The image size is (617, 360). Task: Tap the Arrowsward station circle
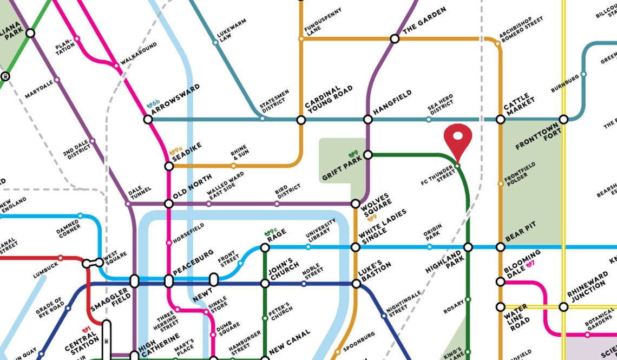pos(148,119)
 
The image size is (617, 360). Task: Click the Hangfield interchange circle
pos(368,119)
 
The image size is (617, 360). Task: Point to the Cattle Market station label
pos(519,101)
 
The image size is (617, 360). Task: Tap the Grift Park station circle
pos(368,155)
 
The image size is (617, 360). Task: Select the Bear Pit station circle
pos(501,247)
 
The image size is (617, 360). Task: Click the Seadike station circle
pos(169,166)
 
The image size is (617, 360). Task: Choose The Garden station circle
pos(395,38)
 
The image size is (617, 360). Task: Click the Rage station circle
pos(265,247)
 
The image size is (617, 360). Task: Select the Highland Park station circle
pos(468,247)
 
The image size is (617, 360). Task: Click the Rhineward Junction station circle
pos(563,307)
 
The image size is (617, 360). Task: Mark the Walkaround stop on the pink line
pos(116,66)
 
